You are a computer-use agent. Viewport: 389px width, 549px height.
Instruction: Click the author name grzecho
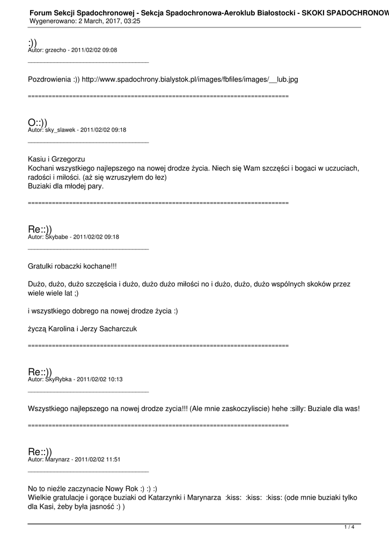pos(56,50)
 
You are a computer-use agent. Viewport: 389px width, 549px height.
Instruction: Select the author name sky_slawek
pos(61,130)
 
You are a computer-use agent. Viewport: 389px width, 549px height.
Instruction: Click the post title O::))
pos(38,123)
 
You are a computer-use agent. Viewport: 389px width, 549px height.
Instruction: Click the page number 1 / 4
pos(349,528)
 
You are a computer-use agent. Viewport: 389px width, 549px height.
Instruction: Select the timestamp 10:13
pos(115,379)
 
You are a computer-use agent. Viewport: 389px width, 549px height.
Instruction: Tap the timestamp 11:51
pos(113,459)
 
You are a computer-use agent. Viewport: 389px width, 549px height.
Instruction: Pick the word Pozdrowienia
pos(49,79)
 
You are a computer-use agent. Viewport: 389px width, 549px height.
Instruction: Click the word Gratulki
pos(40,265)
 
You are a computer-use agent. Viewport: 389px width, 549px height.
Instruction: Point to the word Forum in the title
pos(40,11)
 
